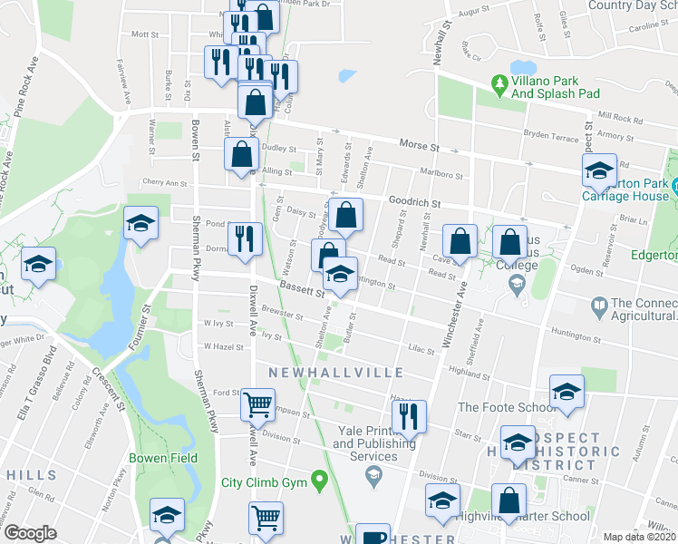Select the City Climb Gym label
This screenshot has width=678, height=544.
tap(263, 480)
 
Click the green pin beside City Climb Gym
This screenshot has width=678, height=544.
tap(318, 479)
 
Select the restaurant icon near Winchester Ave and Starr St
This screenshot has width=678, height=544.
tap(409, 416)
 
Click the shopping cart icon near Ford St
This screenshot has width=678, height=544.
tap(258, 403)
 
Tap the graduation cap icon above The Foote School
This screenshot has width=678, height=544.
tap(567, 391)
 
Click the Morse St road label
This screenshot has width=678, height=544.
tap(420, 145)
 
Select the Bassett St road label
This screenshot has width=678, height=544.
tap(302, 290)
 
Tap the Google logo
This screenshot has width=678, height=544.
tap(30, 533)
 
